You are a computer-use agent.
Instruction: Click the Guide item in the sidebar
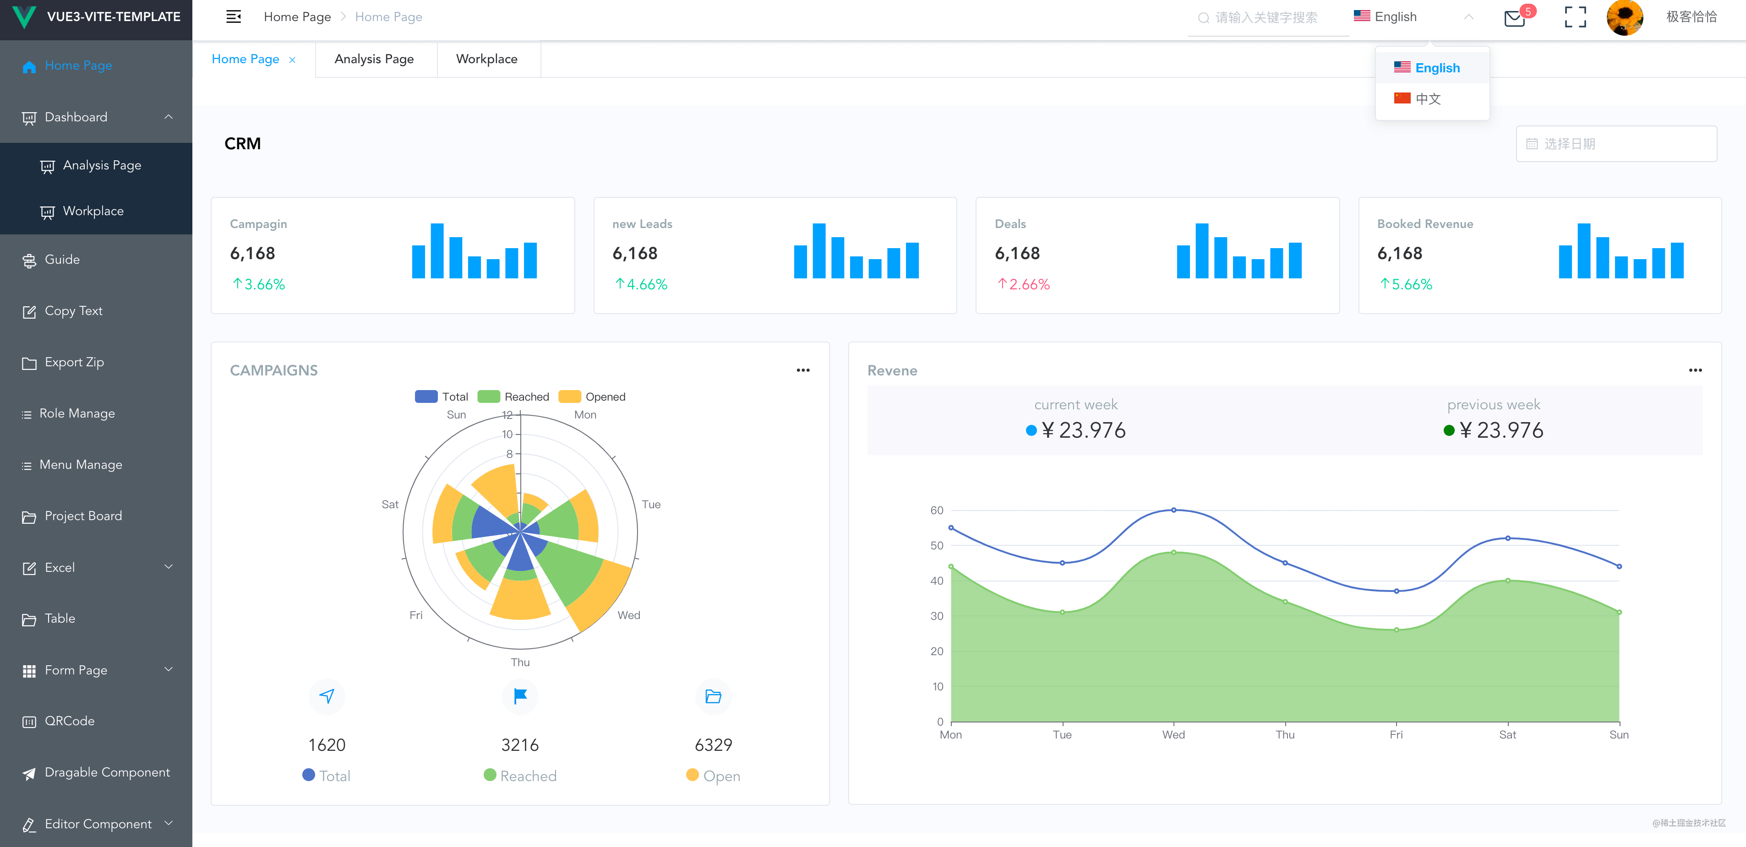tap(62, 260)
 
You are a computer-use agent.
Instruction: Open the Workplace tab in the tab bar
tap(487, 59)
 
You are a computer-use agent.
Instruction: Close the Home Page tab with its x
tap(292, 60)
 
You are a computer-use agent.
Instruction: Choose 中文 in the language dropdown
tap(1427, 99)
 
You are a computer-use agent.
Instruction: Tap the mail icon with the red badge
tap(1514, 17)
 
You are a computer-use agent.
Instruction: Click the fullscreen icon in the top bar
tap(1575, 17)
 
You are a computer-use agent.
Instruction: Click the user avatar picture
tap(1624, 17)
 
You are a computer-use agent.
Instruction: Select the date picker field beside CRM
tap(1616, 144)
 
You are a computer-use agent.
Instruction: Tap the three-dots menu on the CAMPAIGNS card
tap(803, 370)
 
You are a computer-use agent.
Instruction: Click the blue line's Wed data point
tap(1174, 510)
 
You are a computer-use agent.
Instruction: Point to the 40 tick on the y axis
tap(937, 581)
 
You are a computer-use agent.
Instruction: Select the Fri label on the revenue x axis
tap(1396, 734)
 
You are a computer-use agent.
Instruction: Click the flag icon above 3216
tap(520, 696)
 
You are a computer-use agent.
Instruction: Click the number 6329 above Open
tap(713, 745)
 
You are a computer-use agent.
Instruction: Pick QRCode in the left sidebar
tap(69, 721)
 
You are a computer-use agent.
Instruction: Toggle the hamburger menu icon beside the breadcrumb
tap(233, 17)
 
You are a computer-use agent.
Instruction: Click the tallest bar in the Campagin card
tap(437, 251)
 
